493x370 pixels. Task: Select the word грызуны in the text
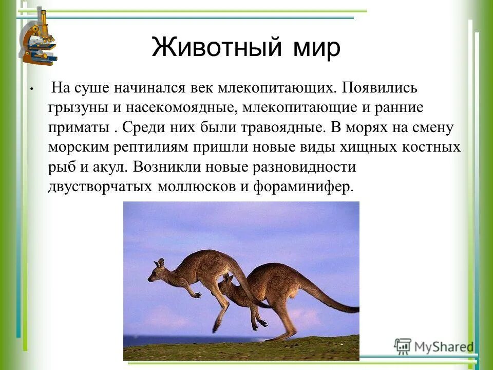click(75, 108)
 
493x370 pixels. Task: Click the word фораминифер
click(304, 186)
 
